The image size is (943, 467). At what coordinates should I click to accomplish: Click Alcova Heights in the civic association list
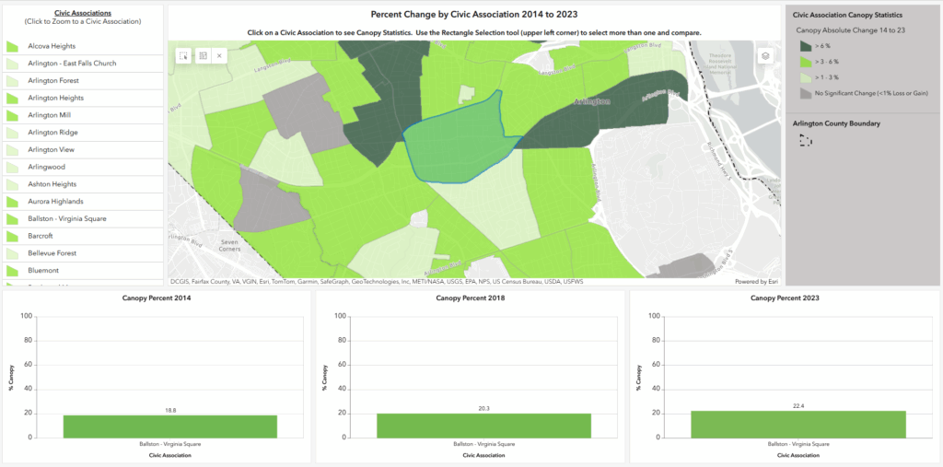[x=52, y=46]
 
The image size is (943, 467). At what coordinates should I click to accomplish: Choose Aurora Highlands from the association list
[x=55, y=201]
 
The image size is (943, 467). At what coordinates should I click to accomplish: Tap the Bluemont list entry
[x=44, y=270]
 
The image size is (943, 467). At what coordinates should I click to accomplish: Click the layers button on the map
[x=763, y=56]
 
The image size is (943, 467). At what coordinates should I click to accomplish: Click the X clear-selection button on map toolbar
[x=219, y=56]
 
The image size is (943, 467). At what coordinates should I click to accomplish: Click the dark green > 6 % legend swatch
[x=806, y=45]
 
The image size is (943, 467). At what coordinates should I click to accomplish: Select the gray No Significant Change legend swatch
[x=806, y=92]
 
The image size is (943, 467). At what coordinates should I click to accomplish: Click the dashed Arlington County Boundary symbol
[x=806, y=140]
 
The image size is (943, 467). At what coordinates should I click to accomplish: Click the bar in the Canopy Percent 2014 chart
[x=170, y=426]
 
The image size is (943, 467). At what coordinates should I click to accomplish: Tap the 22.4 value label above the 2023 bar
[x=797, y=405]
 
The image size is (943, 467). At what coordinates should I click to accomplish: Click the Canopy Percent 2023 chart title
[x=785, y=298]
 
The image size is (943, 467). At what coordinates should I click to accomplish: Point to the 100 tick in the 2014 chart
[x=28, y=316]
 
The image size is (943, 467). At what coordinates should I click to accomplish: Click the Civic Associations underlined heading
[x=83, y=14]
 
